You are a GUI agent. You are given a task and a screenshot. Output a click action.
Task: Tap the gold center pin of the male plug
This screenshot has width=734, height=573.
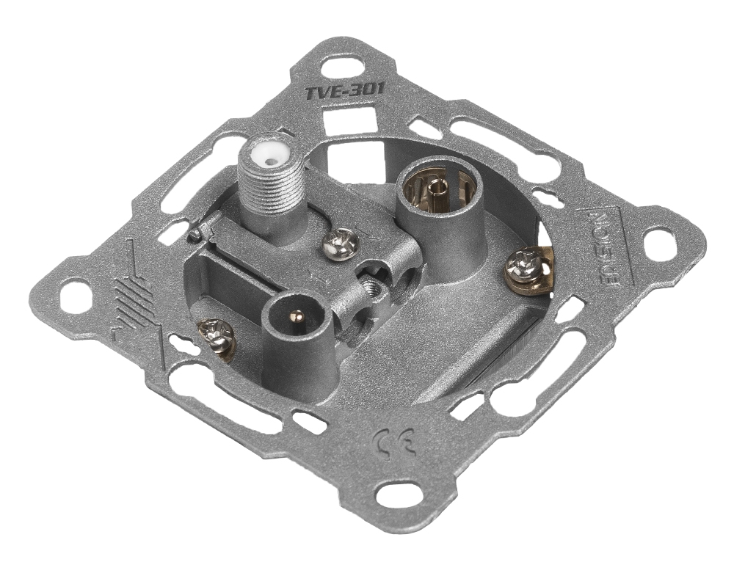click(x=296, y=320)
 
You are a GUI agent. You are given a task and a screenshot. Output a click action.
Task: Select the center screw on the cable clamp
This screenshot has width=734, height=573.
click(x=341, y=241)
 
